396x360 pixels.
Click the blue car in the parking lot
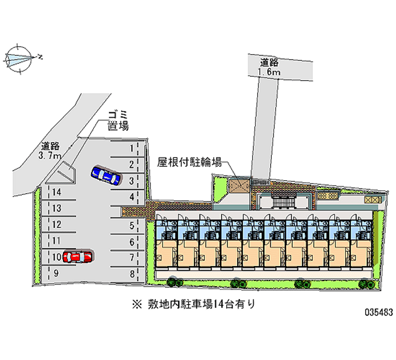tap(105, 175)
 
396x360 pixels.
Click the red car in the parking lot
tap(77, 257)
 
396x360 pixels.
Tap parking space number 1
tap(127, 149)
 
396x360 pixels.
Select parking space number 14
tap(59, 192)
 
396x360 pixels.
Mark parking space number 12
tap(59, 224)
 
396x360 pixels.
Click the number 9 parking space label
tap(56, 273)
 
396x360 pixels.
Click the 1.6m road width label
tap(269, 72)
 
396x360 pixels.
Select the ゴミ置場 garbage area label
tap(118, 121)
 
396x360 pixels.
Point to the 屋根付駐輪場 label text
tap(190, 162)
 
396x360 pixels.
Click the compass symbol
tap(19, 59)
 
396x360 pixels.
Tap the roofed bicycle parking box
tap(239, 185)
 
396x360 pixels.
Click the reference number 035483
tap(379, 312)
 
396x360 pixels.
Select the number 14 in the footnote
tap(219, 304)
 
